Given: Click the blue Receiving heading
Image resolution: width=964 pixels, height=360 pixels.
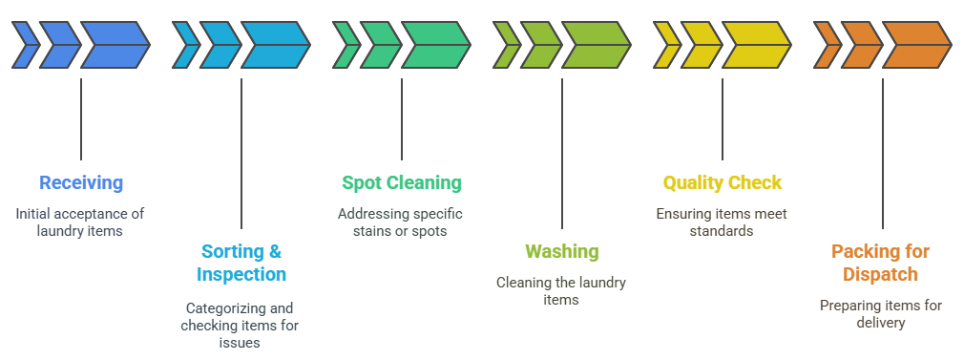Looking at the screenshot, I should (x=81, y=182).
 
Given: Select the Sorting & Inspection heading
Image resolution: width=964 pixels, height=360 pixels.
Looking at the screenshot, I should (x=241, y=263).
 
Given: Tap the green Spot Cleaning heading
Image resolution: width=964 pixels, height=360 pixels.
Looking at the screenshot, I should (x=402, y=182).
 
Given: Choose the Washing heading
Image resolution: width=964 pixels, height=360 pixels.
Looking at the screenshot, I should (x=562, y=252).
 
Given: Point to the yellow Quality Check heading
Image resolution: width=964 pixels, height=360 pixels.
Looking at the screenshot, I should (x=723, y=182).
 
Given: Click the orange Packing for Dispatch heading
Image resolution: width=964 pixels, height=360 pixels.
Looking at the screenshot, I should (x=881, y=263).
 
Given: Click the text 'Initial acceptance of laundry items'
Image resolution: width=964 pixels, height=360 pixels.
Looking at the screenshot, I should (x=81, y=222).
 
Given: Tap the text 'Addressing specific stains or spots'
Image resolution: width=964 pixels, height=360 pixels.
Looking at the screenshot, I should (x=402, y=222).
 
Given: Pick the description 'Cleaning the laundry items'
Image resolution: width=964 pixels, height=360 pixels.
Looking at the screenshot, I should (x=562, y=290).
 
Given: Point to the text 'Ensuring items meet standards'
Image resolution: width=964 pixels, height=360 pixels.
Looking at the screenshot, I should (x=723, y=222).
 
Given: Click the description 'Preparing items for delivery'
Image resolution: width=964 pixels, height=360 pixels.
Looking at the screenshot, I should (x=881, y=314).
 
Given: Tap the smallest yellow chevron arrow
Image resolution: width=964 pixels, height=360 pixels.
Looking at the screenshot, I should (x=666, y=45).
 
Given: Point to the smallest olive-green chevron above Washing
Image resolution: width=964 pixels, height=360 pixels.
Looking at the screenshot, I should (x=506, y=45).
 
